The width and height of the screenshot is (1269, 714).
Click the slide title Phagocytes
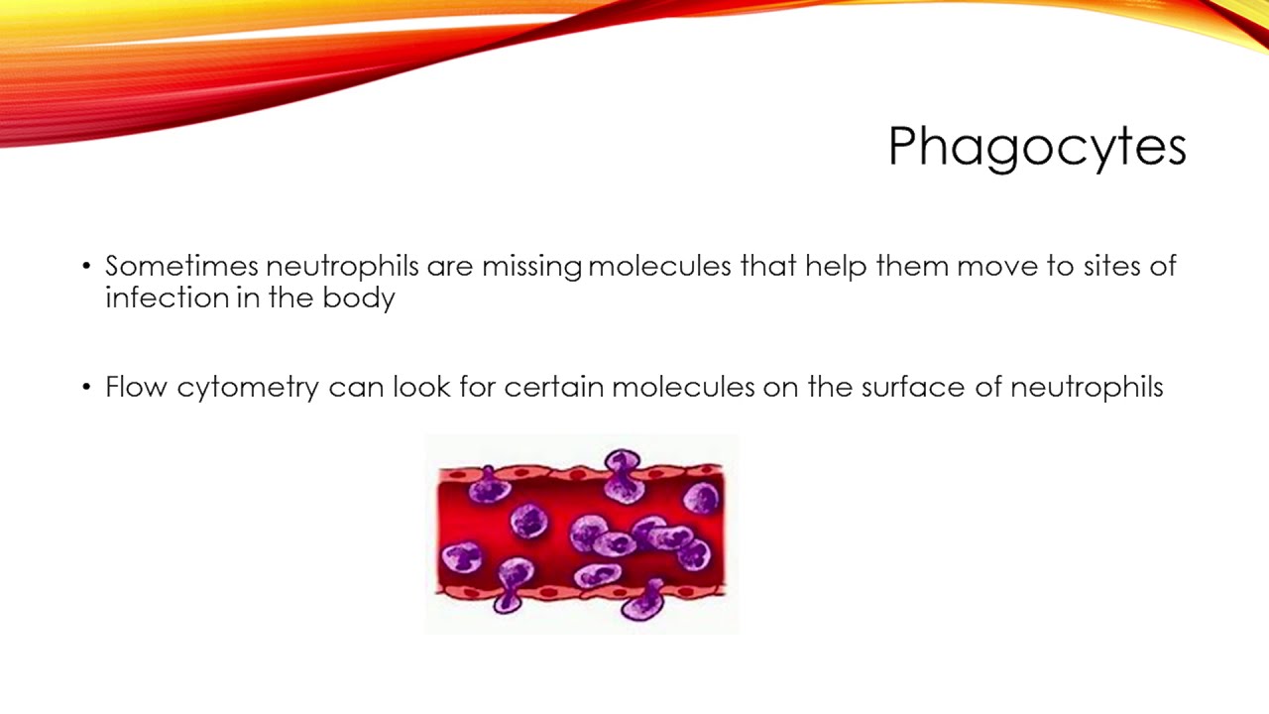point(1036,147)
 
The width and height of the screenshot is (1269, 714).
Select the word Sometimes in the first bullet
point(181,267)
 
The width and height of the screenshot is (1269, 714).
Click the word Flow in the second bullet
point(136,387)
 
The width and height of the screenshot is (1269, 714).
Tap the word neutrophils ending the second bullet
point(1087,387)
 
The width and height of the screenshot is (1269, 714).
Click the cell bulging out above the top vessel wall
point(622,469)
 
